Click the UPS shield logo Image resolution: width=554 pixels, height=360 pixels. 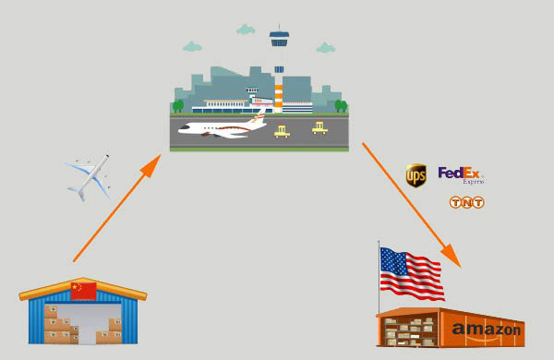pyautogui.click(x=416, y=175)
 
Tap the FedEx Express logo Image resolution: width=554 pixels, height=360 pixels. pyautogui.click(x=461, y=174)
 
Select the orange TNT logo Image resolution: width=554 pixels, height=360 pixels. pyautogui.click(x=466, y=202)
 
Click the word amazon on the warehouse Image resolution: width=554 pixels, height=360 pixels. pyautogui.click(x=487, y=330)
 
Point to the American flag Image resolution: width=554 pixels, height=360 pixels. pyautogui.click(x=410, y=273)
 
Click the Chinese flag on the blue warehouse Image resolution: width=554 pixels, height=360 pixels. pyautogui.click(x=83, y=291)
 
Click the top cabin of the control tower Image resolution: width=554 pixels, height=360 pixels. pyautogui.click(x=279, y=39)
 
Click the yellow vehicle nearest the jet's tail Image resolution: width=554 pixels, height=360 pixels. pyautogui.click(x=282, y=131)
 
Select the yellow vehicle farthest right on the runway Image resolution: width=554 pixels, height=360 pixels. pyautogui.click(x=319, y=127)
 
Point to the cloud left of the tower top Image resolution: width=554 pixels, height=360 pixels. pyautogui.click(x=245, y=30)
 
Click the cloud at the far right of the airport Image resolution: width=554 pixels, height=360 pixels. pyautogui.click(x=325, y=47)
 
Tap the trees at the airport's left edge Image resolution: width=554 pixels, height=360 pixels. pyautogui.click(x=177, y=106)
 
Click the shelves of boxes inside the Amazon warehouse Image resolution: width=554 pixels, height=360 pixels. pyautogui.click(x=412, y=330)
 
